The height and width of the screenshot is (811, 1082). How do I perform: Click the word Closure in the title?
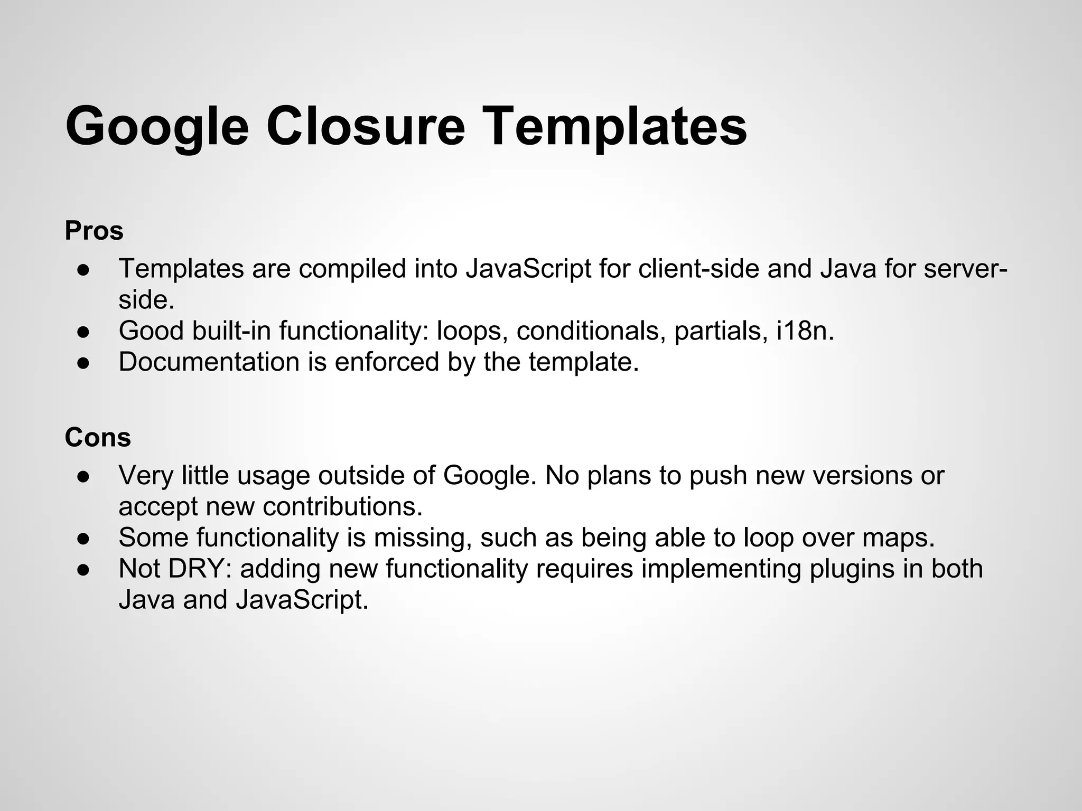click(x=365, y=126)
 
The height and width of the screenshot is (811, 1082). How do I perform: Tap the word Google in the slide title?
click(x=157, y=127)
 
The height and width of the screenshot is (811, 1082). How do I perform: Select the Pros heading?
click(x=94, y=231)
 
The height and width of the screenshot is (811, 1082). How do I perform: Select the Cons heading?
click(x=98, y=438)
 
